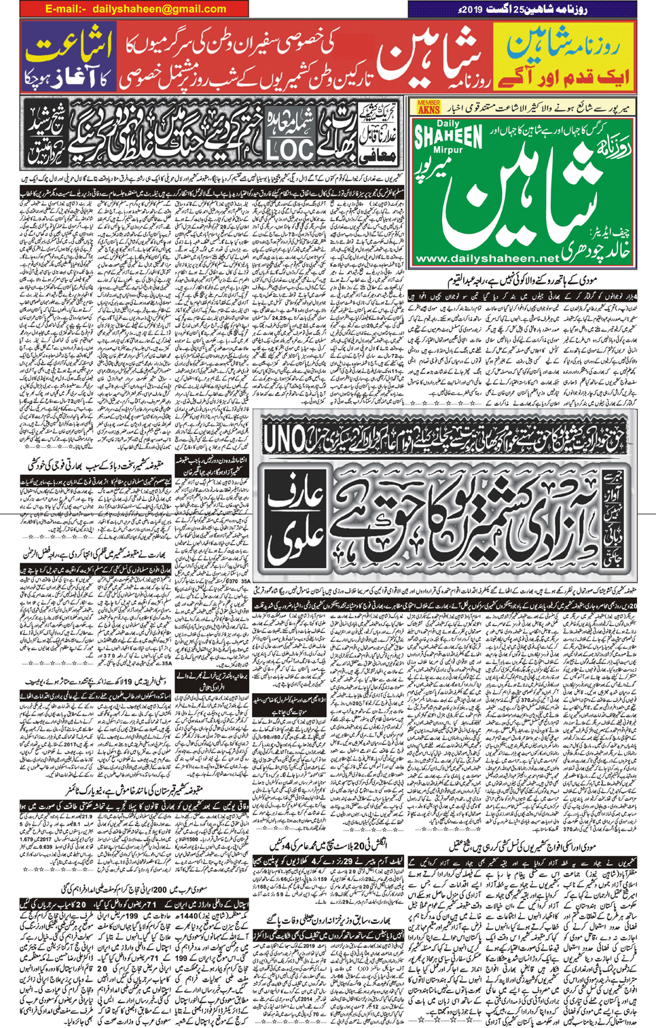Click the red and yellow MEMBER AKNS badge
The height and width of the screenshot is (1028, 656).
(x=429, y=107)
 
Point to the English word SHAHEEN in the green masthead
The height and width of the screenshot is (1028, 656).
(x=448, y=135)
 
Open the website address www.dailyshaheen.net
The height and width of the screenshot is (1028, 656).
(x=486, y=259)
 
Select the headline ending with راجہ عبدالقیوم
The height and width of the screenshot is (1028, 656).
(x=530, y=281)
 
